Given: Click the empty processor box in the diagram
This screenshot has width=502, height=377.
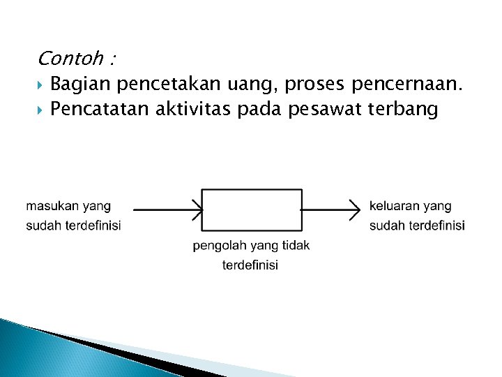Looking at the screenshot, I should point(252,209).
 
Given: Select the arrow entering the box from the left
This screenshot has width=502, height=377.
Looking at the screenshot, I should point(167,208).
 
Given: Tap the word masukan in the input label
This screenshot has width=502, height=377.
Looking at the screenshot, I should point(53,207).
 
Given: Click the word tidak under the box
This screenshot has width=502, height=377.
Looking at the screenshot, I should point(296,246).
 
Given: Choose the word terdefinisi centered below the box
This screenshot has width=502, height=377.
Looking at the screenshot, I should point(250,265).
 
